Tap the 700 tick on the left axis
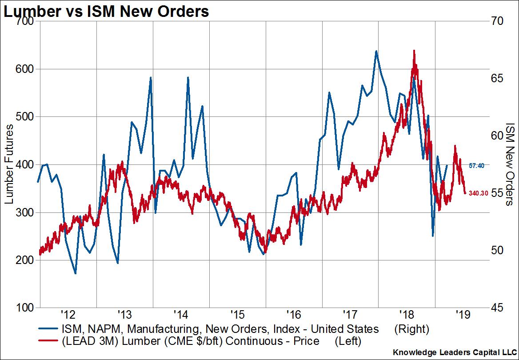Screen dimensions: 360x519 [x=26, y=21]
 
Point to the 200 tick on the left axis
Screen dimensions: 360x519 [x=26, y=260]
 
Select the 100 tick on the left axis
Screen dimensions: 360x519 [x=26, y=308]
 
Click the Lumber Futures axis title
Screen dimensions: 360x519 [x=9, y=164]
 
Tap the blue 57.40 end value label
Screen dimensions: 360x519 [x=477, y=165]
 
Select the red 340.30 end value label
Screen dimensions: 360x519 [x=478, y=193]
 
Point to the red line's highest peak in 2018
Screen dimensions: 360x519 [x=414, y=50]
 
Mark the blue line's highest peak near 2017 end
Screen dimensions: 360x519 [x=376, y=51]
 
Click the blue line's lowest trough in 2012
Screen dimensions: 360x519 [x=76, y=273]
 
